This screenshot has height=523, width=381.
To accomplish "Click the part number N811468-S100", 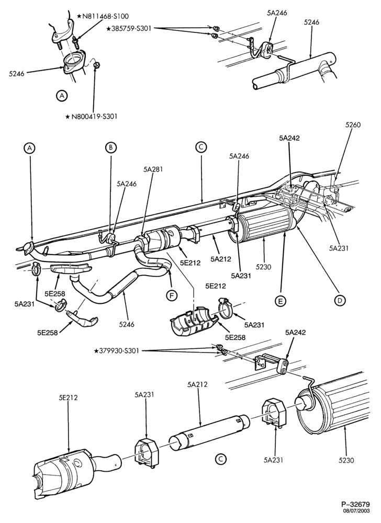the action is pos(105,16).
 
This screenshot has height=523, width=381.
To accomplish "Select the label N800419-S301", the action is pos(94,117).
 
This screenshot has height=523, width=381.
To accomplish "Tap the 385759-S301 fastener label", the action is pos(131,29).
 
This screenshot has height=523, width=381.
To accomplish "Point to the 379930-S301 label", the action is pos(119,350).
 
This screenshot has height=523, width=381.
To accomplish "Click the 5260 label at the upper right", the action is pos(353,125).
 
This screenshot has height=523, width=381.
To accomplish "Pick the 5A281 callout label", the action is pos(153,169).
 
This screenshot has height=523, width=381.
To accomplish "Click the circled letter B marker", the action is pos(111,147).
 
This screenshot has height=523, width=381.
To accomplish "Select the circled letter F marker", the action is pos(172,295).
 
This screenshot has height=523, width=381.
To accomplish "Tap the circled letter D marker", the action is pos(340,301).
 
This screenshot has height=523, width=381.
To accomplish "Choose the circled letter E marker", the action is pos(280,301).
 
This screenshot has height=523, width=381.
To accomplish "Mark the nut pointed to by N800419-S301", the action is pos(96,64).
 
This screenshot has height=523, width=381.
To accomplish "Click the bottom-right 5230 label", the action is pos(346,461).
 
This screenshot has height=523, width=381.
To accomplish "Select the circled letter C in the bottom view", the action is pos(220,459).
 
